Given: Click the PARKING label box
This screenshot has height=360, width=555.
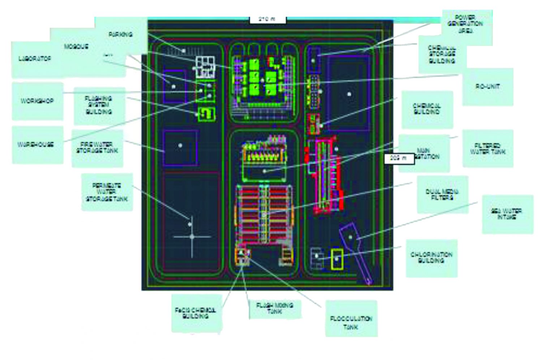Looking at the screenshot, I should [x=121, y=35].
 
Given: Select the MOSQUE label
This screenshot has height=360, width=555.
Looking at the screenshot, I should [x=76, y=47].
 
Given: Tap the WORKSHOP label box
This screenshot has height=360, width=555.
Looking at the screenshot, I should [x=37, y=101].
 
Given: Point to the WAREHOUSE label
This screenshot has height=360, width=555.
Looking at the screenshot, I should [x=36, y=144].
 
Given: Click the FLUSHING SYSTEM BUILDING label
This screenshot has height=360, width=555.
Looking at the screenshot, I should [x=99, y=105].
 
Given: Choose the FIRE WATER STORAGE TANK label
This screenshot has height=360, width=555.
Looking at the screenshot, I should [x=97, y=148].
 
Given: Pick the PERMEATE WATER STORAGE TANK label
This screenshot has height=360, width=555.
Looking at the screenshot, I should [x=107, y=192].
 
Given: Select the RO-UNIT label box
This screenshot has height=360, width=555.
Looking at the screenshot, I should [x=487, y=87].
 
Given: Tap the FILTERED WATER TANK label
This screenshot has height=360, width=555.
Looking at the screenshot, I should [x=488, y=149].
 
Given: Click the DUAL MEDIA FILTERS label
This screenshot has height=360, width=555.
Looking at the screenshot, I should [x=442, y=195].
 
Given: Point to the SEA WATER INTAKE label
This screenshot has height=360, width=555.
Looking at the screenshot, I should [x=507, y=214].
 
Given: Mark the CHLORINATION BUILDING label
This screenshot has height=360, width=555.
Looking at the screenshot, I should [x=431, y=258].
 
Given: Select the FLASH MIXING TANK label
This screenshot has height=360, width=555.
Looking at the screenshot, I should [x=275, y=308].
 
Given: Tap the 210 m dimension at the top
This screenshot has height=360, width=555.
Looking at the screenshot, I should [x=267, y=19].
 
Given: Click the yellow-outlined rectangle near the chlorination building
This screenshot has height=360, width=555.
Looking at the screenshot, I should [x=337, y=259].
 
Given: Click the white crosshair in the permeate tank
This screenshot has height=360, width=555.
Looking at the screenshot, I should [x=192, y=237].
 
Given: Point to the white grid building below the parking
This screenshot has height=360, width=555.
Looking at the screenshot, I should [x=205, y=67].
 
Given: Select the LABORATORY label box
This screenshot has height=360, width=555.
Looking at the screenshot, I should [x=35, y=59].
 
